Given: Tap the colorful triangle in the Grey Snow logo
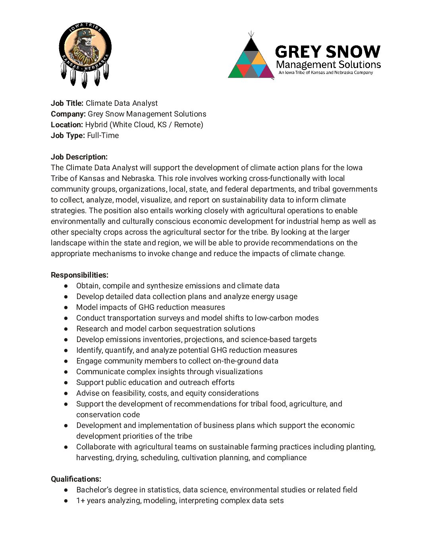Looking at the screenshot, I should [251, 60].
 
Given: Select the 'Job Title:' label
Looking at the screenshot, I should [67, 103].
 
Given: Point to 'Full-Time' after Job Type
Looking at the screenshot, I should [103, 135].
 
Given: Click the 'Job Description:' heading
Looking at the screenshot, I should [79, 157].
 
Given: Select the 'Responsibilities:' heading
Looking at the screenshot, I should [79, 275].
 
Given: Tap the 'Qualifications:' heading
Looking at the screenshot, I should [76, 479].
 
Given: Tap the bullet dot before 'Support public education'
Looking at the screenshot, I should [66, 382].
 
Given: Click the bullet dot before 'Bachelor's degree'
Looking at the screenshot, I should [66, 490].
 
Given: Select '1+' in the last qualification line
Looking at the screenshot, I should [81, 500].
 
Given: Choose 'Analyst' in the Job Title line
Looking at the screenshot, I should [145, 103].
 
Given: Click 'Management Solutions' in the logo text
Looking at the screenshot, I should [328, 64].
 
